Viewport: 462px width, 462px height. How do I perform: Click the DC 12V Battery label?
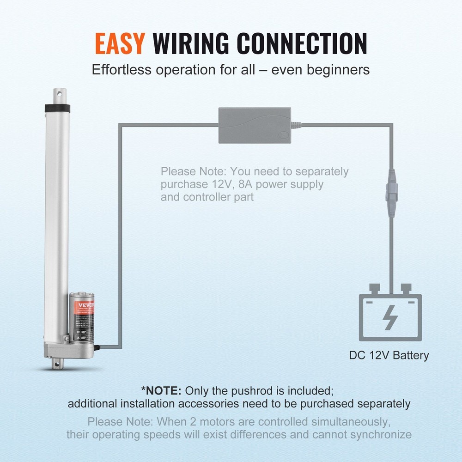[389, 355]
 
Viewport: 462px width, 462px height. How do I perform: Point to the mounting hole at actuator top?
[58, 94]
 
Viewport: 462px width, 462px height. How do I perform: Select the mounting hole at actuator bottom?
[57, 365]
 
